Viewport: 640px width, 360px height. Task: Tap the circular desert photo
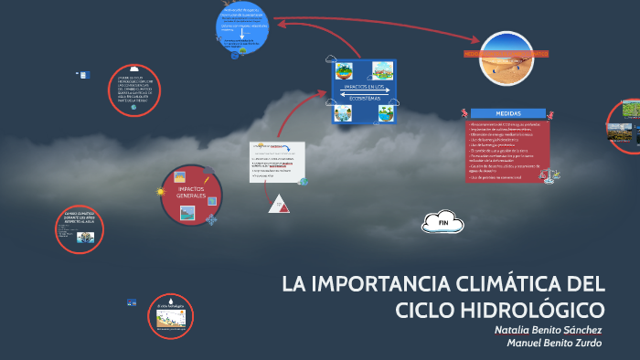click(507, 57)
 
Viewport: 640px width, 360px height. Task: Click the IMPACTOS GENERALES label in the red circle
click(191, 193)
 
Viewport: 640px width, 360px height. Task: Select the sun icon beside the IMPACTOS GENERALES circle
click(160, 192)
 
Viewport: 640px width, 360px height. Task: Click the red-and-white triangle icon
click(279, 203)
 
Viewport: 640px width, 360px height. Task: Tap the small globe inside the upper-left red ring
click(133, 107)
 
